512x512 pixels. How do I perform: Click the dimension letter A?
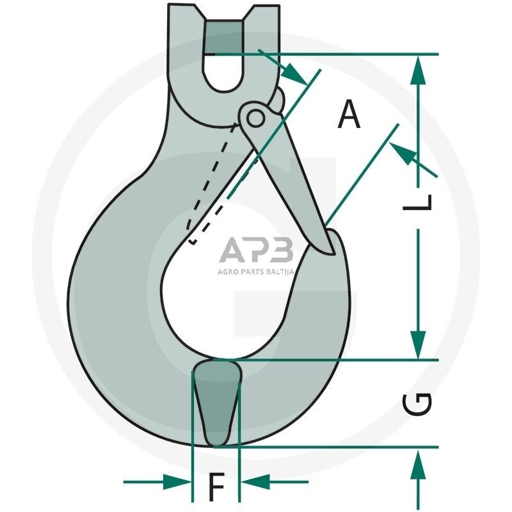[x=349, y=115]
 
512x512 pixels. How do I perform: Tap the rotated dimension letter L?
[x=417, y=202]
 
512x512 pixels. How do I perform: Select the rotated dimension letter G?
[x=417, y=404]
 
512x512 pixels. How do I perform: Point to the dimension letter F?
[x=216, y=486]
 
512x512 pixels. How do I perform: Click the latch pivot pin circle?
[x=255, y=118]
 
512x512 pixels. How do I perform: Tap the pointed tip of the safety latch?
[x=333, y=253]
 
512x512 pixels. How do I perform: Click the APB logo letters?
[x=256, y=250]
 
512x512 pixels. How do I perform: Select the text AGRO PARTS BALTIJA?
[x=256, y=271]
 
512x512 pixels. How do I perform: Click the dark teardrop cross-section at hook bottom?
[x=217, y=403]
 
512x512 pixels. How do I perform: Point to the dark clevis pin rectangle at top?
[x=224, y=38]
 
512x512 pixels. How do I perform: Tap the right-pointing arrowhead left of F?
[x=177, y=482]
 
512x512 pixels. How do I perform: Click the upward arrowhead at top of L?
[x=418, y=70]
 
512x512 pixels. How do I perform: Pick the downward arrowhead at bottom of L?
[x=418, y=345]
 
